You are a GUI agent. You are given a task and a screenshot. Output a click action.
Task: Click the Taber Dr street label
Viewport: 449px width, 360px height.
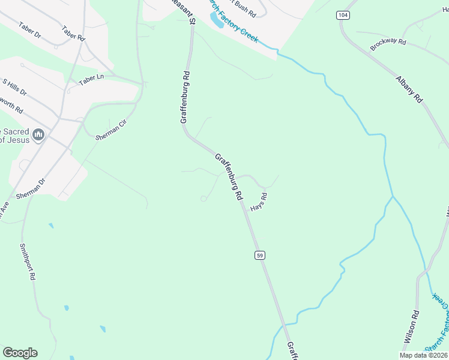click(x=29, y=30)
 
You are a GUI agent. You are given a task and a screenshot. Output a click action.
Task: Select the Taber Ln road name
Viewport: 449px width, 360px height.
click(x=91, y=80)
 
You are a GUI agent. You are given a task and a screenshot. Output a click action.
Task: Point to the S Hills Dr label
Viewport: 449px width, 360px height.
click(x=14, y=87)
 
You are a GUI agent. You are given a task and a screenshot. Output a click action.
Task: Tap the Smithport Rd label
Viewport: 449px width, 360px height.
click(x=28, y=262)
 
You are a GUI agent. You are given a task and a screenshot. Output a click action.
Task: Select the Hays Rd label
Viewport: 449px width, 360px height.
click(x=259, y=201)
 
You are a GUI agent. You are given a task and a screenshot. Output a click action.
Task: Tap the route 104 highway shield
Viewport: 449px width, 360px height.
click(x=343, y=14)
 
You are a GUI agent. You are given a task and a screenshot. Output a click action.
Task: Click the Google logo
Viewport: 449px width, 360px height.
click(x=20, y=353)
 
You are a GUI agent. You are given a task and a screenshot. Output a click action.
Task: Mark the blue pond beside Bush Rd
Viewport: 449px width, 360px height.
click(x=216, y=20)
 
